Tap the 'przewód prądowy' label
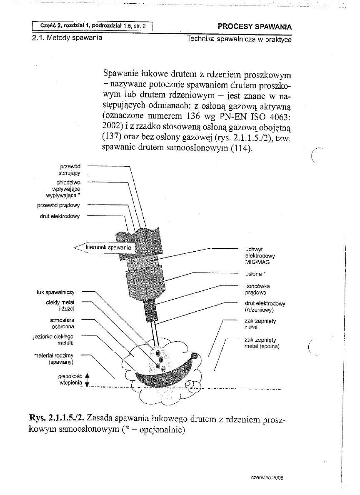coord(61,205)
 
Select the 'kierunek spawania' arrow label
coord(108,247)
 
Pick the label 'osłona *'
coord(254,274)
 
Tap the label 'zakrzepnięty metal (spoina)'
coord(262,343)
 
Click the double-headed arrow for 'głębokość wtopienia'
coord(87,379)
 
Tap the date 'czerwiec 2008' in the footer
coord(267,479)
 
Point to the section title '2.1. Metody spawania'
coord(67,39)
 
